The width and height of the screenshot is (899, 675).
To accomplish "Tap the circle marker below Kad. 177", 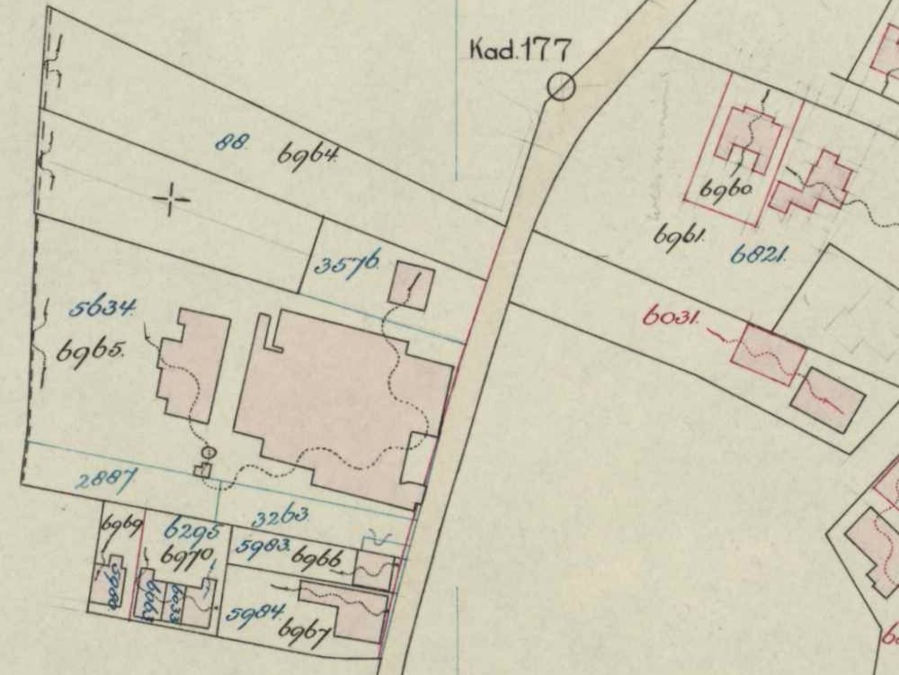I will coord(561,87).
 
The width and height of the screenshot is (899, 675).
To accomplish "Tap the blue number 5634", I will coord(102,309).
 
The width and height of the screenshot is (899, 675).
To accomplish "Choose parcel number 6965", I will coord(94,351).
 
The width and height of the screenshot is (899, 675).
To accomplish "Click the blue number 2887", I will coord(105,480).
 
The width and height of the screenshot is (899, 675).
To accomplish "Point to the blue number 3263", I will coord(280,517).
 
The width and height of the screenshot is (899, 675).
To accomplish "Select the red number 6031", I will coord(671,316).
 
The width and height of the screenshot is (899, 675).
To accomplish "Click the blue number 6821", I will coord(759,256).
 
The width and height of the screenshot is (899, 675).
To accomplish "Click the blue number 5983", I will coord(262,545).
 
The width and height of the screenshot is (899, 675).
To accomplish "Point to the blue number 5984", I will coord(254,613).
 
